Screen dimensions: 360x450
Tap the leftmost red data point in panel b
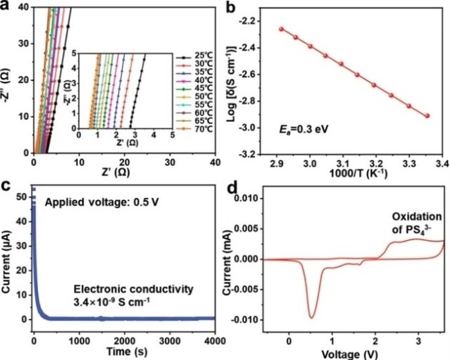point(281,29)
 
